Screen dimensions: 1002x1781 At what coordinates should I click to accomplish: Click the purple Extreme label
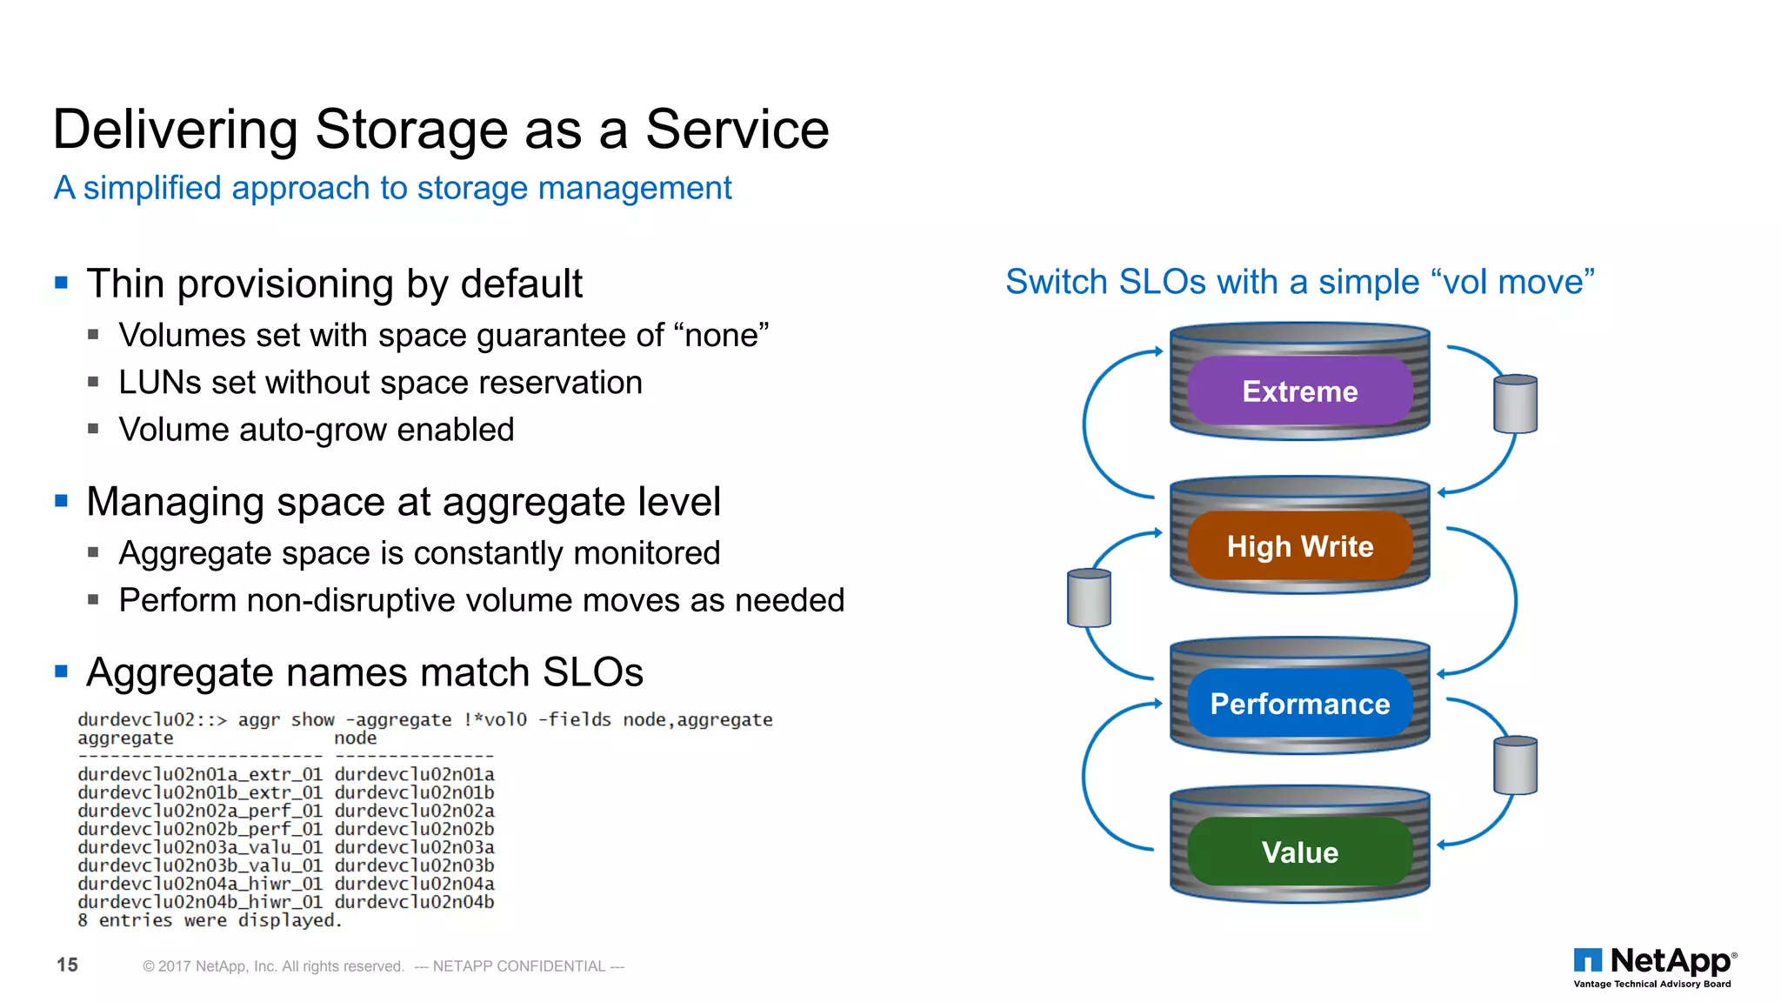(x=1299, y=391)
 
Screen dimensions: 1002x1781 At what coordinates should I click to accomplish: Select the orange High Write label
(x=1299, y=546)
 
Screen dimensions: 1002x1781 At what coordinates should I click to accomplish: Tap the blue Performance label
(x=1299, y=704)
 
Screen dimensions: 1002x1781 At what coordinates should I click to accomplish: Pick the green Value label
(x=1299, y=852)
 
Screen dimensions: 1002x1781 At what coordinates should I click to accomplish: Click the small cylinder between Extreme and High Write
(x=1515, y=404)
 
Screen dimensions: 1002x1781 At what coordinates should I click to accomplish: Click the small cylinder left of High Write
(x=1089, y=598)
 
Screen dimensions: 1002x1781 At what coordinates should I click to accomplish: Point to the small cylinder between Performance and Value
(x=1515, y=765)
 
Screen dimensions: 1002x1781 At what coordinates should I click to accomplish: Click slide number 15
(x=67, y=965)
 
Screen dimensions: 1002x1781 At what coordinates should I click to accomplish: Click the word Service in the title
(x=737, y=130)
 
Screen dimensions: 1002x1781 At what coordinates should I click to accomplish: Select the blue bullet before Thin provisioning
(x=61, y=283)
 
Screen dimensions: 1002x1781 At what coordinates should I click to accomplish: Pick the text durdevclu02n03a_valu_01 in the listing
(x=199, y=847)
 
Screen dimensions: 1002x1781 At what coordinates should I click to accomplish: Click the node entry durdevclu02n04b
(x=414, y=902)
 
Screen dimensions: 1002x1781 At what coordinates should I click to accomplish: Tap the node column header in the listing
(x=355, y=738)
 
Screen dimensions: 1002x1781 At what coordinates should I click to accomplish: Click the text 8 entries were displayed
(x=210, y=920)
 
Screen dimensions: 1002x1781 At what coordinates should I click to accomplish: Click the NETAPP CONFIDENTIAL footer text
(x=519, y=966)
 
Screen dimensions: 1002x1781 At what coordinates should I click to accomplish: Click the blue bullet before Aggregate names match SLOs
(x=61, y=671)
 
